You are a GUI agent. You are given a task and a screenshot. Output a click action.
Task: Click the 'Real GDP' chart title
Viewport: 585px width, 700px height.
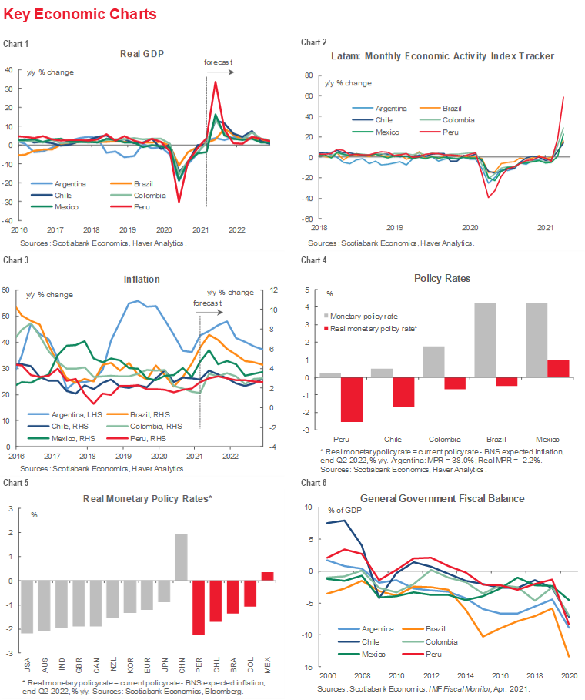tap(143, 53)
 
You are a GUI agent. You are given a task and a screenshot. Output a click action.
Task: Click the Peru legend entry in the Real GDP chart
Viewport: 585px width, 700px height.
tap(142, 207)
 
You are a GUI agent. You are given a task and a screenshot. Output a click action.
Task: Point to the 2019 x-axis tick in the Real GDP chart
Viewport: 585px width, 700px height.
tap(128, 229)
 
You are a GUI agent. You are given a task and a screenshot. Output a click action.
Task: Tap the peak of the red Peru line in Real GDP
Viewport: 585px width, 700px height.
tap(216, 82)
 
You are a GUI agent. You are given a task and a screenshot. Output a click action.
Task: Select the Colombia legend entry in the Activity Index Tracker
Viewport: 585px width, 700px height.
tap(458, 119)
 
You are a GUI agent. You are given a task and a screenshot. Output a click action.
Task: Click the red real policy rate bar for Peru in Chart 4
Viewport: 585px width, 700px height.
tap(329, 400)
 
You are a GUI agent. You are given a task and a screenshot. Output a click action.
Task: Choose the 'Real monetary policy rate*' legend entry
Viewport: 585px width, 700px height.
tap(373, 329)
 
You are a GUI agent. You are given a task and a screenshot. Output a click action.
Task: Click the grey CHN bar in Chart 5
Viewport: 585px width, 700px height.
tap(182, 558)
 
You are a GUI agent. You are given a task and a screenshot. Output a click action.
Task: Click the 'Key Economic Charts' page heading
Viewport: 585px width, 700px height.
tap(80, 15)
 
